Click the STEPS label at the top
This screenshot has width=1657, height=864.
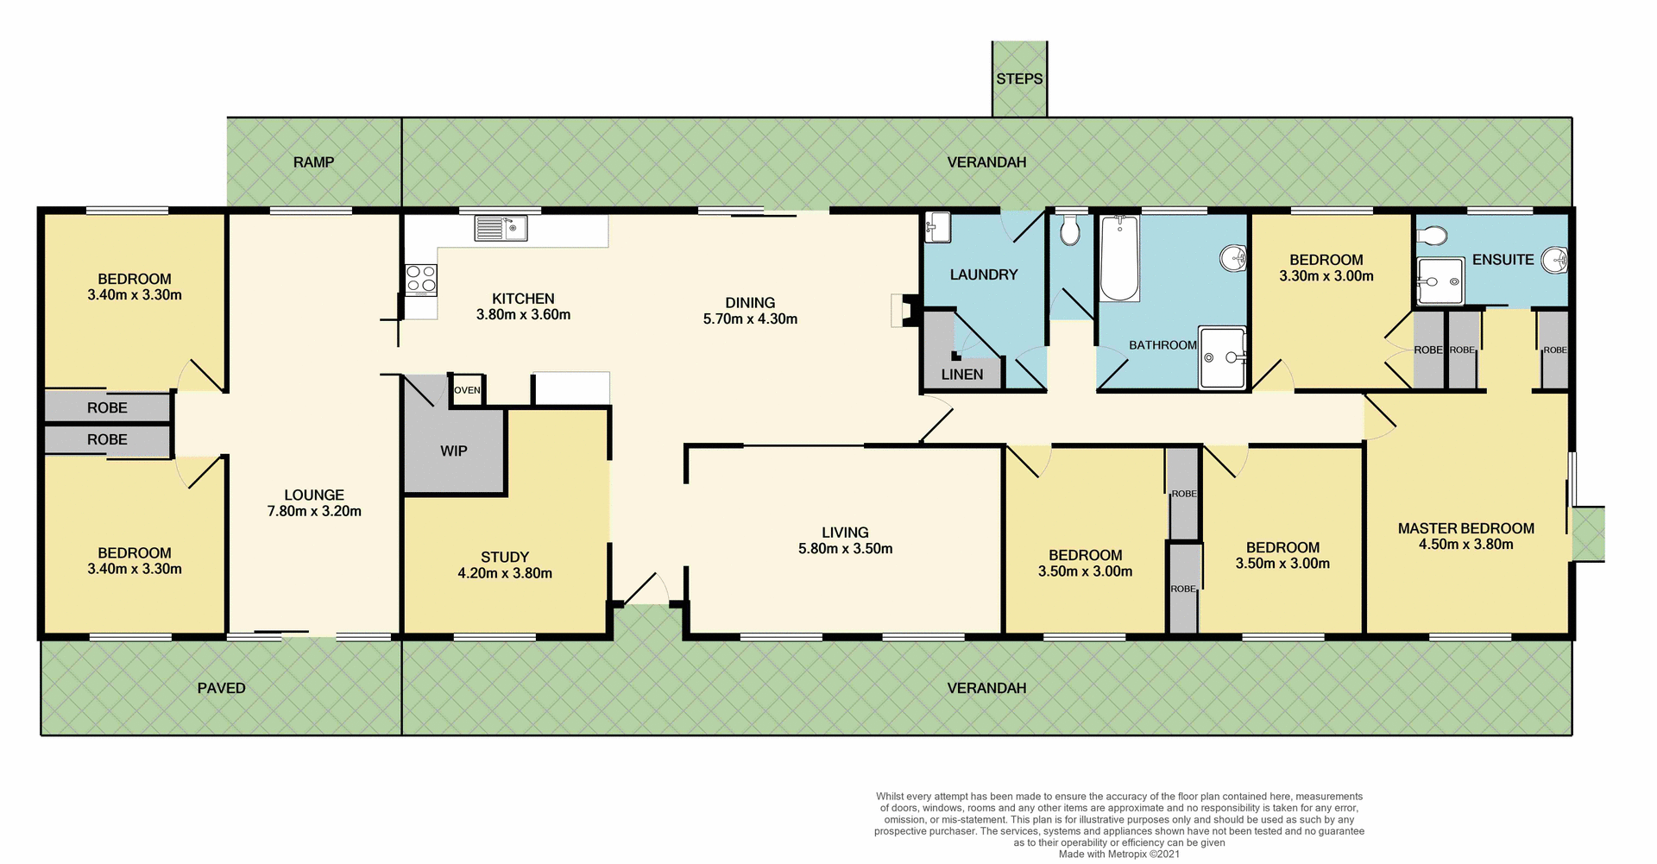[1019, 79]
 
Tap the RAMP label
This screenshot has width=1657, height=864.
[313, 162]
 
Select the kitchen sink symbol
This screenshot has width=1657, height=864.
[501, 229]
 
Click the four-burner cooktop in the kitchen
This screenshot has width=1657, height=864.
[421, 280]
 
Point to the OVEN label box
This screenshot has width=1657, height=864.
[467, 390]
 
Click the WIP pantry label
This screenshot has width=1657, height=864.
[454, 451]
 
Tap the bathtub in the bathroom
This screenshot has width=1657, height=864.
[1119, 258]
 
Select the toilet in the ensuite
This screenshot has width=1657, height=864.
[1432, 236]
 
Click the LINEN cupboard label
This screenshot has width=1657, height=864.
[962, 375]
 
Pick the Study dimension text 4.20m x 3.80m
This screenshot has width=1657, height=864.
[505, 573]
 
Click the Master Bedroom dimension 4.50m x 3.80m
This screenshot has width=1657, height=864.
[1465, 544]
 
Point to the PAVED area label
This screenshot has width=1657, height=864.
[221, 688]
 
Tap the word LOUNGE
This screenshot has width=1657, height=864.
[314, 495]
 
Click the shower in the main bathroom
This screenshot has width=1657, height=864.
[1222, 357]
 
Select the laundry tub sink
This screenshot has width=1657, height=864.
[937, 228]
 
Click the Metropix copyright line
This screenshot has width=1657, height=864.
[1118, 854]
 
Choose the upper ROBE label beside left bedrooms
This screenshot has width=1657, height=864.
[107, 407]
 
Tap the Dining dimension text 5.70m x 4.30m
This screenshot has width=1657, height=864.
[750, 318]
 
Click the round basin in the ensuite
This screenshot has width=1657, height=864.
[1555, 259]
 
